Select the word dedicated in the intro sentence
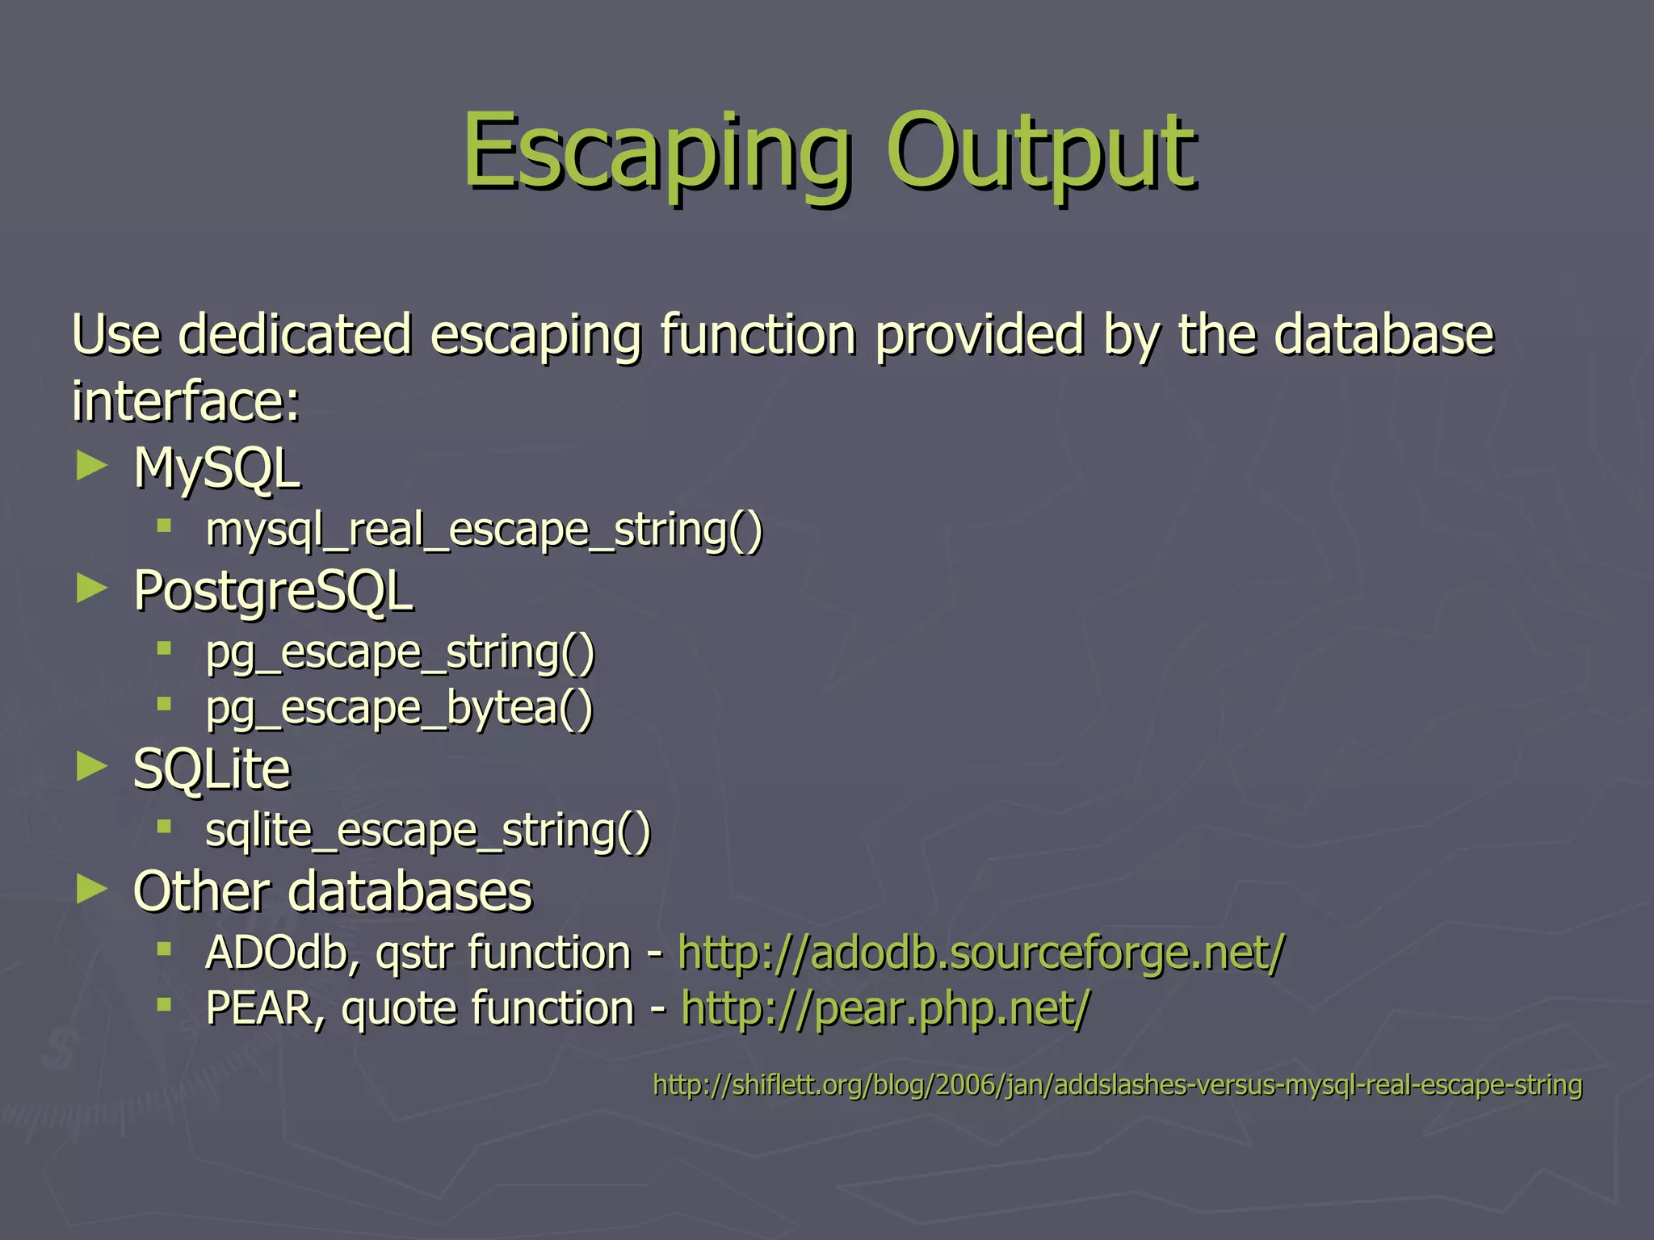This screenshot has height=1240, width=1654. [x=295, y=334]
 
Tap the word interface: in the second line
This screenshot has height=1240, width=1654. [x=186, y=401]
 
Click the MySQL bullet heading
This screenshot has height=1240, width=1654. [x=216, y=468]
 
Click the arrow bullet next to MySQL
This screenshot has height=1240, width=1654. [x=92, y=466]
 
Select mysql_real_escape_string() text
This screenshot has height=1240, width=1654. [x=484, y=531]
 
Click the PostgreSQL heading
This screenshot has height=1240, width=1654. [x=273, y=591]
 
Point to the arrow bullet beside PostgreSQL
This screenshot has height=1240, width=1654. [x=92, y=589]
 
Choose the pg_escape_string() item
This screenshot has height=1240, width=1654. [x=400, y=652]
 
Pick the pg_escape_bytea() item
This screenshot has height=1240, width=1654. [x=399, y=708]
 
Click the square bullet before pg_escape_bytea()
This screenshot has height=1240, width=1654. [x=165, y=704]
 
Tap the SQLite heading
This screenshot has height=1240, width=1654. [x=212, y=769]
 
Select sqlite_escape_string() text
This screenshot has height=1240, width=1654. [x=427, y=831]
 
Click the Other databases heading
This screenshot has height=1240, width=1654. [x=333, y=891]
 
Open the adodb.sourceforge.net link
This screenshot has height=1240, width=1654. [x=980, y=953]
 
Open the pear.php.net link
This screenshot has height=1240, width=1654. [x=885, y=1009]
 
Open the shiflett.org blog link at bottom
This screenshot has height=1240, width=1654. [x=1117, y=1085]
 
